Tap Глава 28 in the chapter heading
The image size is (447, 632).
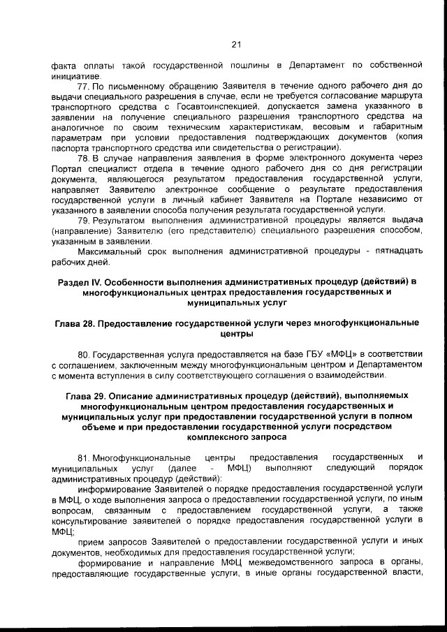(x=76, y=323)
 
